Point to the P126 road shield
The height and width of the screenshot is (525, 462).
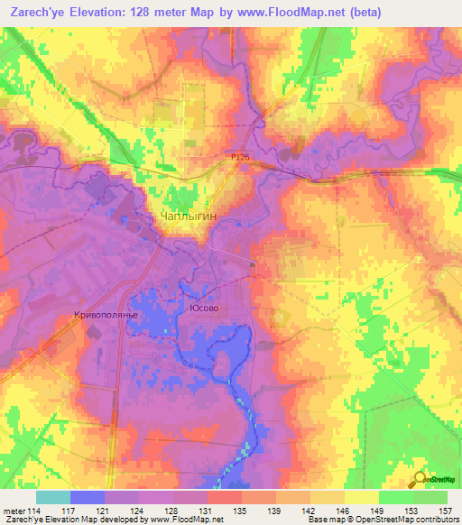coord(238,157)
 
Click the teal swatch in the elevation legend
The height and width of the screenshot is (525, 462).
coord(53,497)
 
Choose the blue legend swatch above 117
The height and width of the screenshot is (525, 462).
coord(88,497)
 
